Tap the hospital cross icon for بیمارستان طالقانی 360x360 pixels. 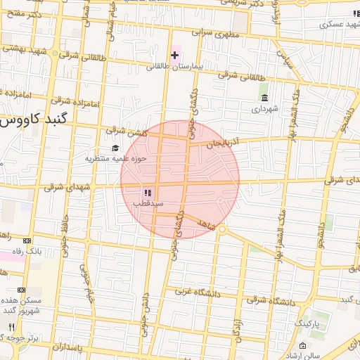coord(174,55)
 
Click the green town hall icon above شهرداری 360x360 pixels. coord(264,97)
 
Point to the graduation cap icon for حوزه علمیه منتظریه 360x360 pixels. coord(115,148)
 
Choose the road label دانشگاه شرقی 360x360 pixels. coord(270,300)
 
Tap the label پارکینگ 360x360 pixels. coord(307,323)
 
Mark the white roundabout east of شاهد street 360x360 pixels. coord(222,229)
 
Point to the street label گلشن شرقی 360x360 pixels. coord(124,131)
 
